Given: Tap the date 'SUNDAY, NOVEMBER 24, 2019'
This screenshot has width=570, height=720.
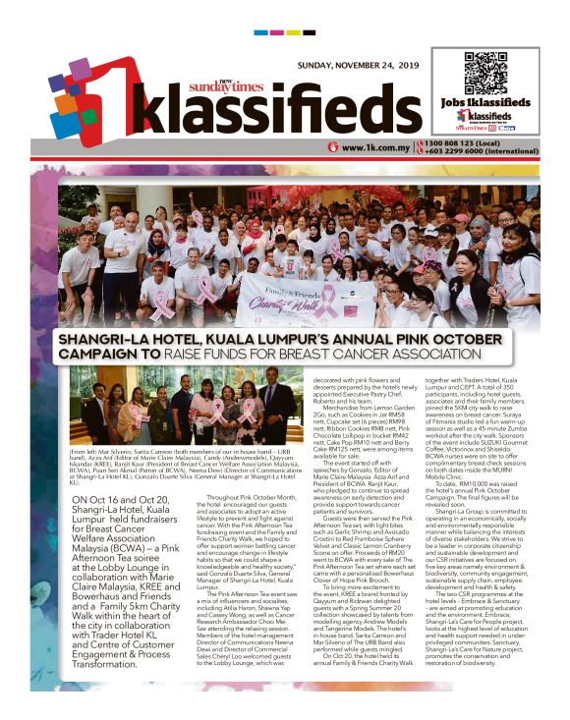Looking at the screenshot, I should coord(358,67).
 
